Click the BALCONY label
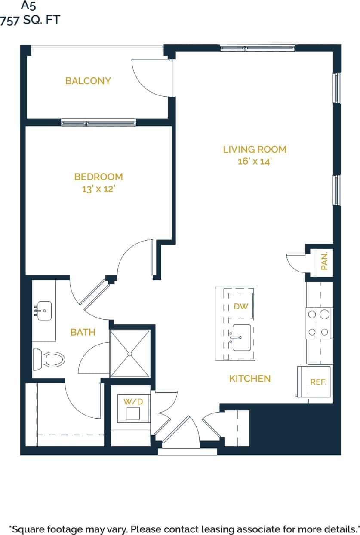[x=88, y=81]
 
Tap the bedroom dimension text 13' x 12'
[x=98, y=189]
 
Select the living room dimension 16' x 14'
[x=255, y=162]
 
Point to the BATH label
[x=83, y=332]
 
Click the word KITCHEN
[x=250, y=379]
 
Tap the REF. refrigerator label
[x=318, y=382]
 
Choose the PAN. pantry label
[x=324, y=261]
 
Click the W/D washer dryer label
[x=133, y=401]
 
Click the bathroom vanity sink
[x=44, y=310]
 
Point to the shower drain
[x=129, y=354]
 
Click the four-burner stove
[x=319, y=323]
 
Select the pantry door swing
[x=295, y=262]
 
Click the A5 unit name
[x=29, y=6]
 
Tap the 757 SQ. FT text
[x=30, y=20]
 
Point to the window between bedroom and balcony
[x=98, y=123]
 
